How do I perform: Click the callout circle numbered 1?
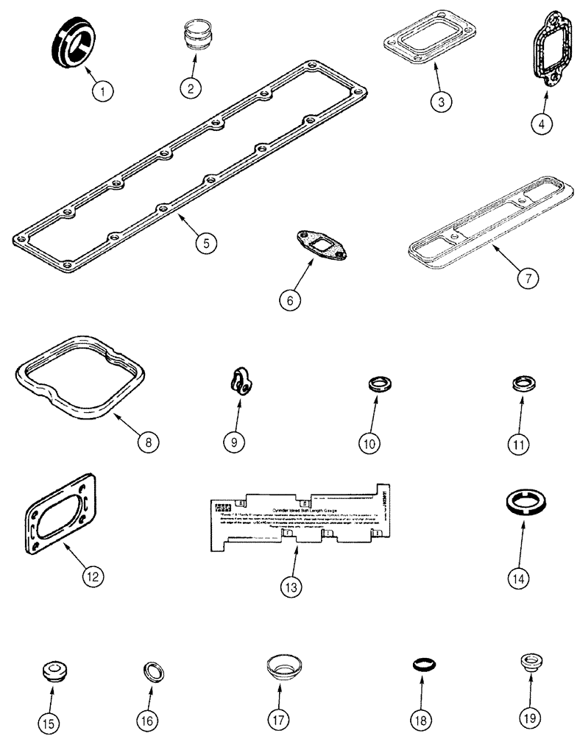click(x=104, y=91)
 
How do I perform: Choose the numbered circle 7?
click(x=528, y=277)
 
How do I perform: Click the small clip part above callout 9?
click(x=237, y=383)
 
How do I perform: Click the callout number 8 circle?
click(x=146, y=442)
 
